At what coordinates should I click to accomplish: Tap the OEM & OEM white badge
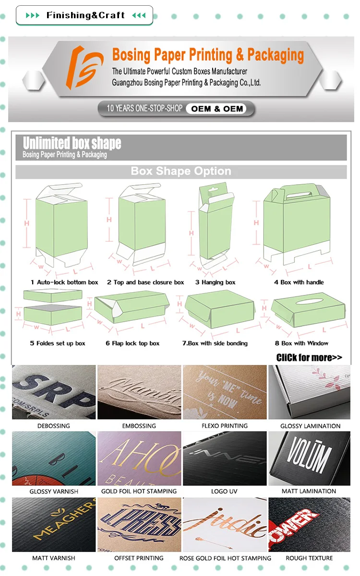tap(217, 109)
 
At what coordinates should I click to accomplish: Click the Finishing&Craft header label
tap(85, 15)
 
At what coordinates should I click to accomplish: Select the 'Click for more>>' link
tap(309, 357)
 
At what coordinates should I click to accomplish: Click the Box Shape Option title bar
tap(181, 172)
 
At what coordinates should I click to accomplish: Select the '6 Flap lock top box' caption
tap(132, 343)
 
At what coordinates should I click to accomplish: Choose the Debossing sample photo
tap(53, 392)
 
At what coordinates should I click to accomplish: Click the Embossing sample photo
tap(139, 392)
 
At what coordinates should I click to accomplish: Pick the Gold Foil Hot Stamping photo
tap(139, 458)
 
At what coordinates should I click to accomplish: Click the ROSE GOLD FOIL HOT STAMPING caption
tap(225, 558)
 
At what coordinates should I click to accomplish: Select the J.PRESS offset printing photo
tap(139, 524)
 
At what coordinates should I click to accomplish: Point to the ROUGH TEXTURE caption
tap(310, 558)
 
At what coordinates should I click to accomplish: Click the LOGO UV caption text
tap(225, 492)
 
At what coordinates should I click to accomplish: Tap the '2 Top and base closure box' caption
tap(145, 282)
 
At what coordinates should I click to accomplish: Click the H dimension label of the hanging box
tap(191, 233)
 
